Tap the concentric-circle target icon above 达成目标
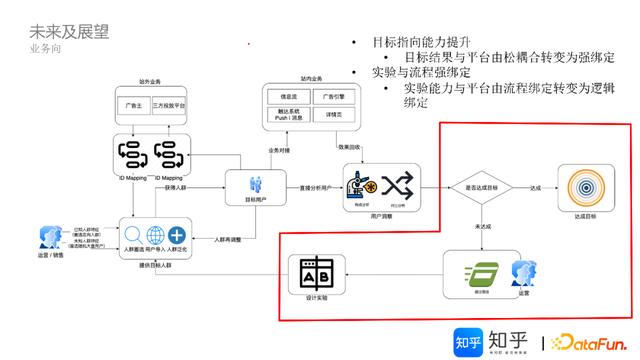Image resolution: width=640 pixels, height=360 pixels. [x=585, y=186]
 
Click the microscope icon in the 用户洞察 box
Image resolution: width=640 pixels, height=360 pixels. [x=361, y=185]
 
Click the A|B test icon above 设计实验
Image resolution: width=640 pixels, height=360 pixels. [x=310, y=273]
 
